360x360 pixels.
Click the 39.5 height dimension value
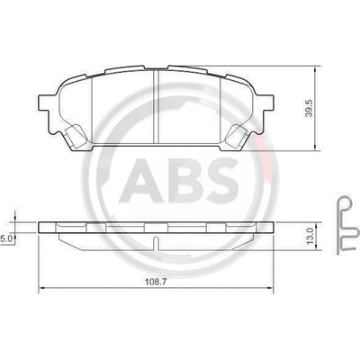click(x=310, y=108)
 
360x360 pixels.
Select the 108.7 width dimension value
click(x=156, y=282)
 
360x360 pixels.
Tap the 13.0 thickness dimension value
click(x=310, y=236)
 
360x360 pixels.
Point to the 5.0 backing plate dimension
click(x=6, y=239)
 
